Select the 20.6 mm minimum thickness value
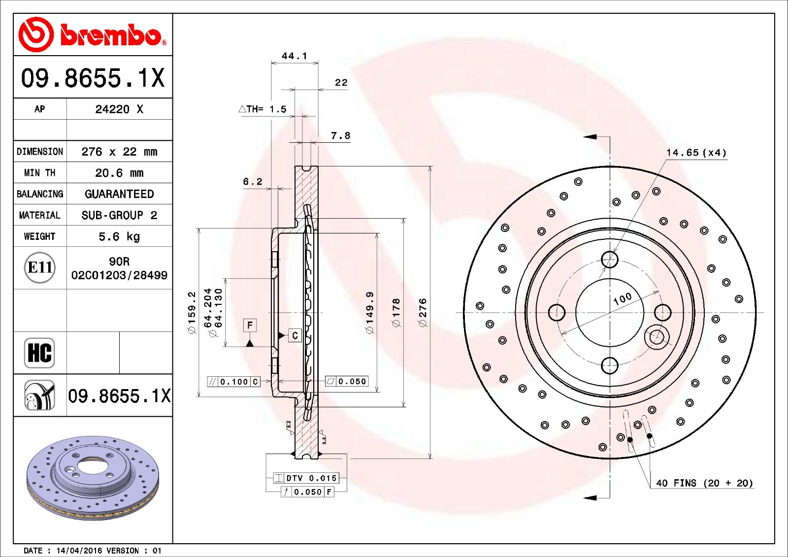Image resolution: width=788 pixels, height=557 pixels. pyautogui.click(x=119, y=173)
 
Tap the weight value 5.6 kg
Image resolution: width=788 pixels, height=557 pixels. pyautogui.click(x=119, y=236)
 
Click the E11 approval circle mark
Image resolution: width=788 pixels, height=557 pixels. pyautogui.click(x=39, y=267)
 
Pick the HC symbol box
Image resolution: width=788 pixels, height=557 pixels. pyautogui.click(x=39, y=353)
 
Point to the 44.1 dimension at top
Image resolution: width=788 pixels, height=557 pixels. pyautogui.click(x=294, y=56)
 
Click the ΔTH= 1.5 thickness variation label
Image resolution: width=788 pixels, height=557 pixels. pyautogui.click(x=263, y=109)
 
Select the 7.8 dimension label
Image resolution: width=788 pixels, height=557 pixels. pyautogui.click(x=340, y=135)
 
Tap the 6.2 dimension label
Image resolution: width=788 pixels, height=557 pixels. pyautogui.click(x=252, y=182)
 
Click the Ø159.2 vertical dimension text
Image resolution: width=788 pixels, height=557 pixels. pyautogui.click(x=192, y=312)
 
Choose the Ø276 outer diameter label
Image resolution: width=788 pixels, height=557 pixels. pyautogui.click(x=423, y=312)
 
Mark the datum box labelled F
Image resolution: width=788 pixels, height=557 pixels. pyautogui.click(x=250, y=325)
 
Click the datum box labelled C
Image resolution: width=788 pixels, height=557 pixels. pyautogui.click(x=295, y=335)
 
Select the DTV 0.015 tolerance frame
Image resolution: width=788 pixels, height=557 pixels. pyautogui.click(x=306, y=478)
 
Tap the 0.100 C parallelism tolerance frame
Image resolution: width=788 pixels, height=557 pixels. pyautogui.click(x=233, y=382)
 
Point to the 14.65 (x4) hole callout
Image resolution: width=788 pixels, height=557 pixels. pyautogui.click(x=696, y=153)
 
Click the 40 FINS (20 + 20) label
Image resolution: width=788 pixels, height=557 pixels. pyautogui.click(x=704, y=483)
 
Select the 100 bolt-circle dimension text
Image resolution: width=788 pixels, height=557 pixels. pyautogui.click(x=623, y=298)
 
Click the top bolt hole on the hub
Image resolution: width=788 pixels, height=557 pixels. pyautogui.click(x=610, y=259)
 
